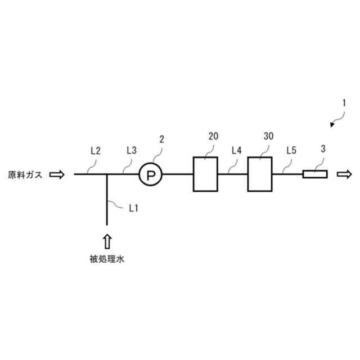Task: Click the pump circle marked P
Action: [x=150, y=175]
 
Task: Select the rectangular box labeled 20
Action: [x=206, y=174]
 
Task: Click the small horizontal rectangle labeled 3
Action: [x=314, y=175]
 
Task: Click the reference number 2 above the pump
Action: [x=162, y=138]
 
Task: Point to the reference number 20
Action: [x=213, y=137]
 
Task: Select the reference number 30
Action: [x=268, y=137]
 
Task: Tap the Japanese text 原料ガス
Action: [x=25, y=175]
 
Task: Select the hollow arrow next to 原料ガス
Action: [x=57, y=175]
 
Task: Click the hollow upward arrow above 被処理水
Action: [x=107, y=241]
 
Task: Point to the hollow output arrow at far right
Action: [x=344, y=175]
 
